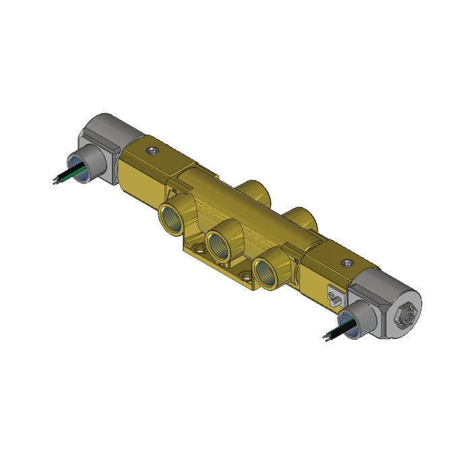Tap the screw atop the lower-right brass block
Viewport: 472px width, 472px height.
pos(347,263)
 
